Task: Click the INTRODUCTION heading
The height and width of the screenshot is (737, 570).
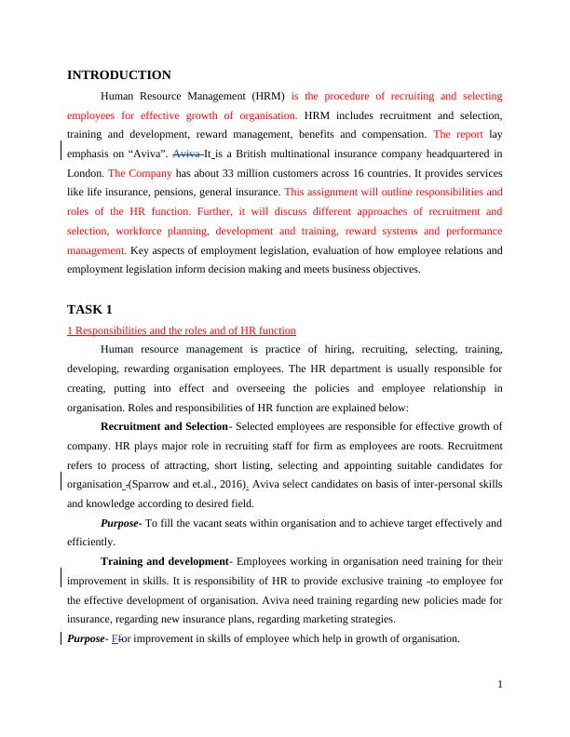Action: (x=119, y=74)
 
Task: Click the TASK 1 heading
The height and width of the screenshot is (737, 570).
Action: (x=89, y=309)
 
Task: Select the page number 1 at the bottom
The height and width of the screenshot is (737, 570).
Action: (x=500, y=686)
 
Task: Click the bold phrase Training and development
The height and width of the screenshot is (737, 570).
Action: (x=163, y=561)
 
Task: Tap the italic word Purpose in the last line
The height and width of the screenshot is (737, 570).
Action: (x=86, y=639)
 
